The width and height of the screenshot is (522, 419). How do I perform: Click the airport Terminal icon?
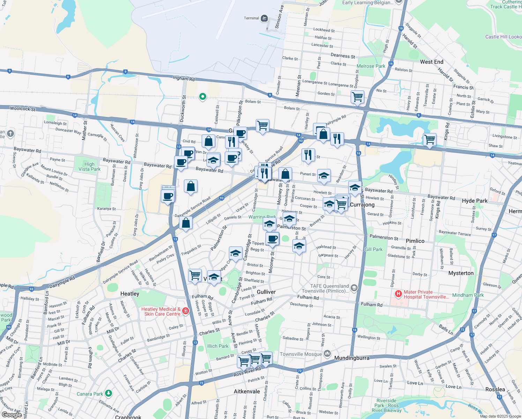[264, 18]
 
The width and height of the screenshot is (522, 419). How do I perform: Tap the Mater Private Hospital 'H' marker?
[398, 294]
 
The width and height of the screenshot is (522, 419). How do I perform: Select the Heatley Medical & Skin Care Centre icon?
[186, 311]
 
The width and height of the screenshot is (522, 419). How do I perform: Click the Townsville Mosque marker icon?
[327, 354]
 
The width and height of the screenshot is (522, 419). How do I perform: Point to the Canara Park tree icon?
[109, 394]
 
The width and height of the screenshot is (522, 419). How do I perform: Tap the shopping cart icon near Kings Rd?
[430, 139]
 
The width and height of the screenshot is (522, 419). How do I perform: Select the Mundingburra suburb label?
[352, 358]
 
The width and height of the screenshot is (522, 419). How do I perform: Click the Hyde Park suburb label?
[475, 201]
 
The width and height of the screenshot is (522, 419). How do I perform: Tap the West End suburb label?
[432, 62]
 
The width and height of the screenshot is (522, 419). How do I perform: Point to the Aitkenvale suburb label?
[247, 391]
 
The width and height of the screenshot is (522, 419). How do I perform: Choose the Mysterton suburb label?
[461, 273]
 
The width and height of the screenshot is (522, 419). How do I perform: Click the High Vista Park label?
[89, 167]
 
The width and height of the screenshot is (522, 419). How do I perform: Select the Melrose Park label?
[371, 66]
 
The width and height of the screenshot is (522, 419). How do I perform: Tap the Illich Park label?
[218, 346]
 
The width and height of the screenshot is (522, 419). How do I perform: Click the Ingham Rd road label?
[184, 78]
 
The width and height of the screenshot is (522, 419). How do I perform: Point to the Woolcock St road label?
[23, 109]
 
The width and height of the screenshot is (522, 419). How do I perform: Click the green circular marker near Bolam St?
[202, 97]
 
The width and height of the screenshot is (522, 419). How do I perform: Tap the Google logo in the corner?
[12, 414]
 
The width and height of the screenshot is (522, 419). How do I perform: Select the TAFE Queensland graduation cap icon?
[354, 288]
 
